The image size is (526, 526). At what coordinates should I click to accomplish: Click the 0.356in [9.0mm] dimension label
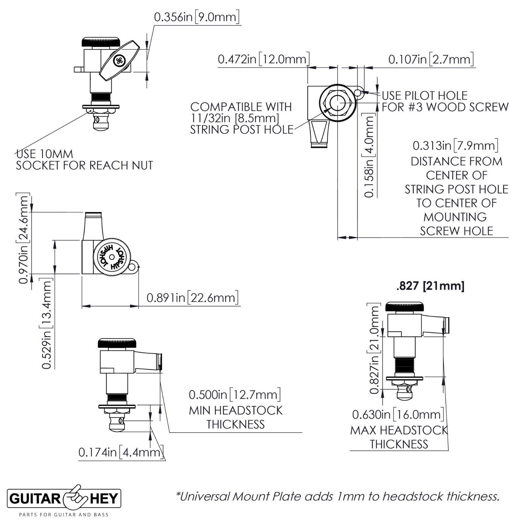pyautogui.click(x=196, y=17)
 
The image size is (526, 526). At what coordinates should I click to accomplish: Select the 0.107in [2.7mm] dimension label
pyautogui.click(x=431, y=60)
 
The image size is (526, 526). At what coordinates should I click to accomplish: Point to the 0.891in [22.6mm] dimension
pyautogui.click(x=192, y=298)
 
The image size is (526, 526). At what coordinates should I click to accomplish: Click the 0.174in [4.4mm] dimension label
pyautogui.click(x=121, y=452)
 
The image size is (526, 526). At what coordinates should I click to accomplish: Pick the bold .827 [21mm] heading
pyautogui.click(x=430, y=286)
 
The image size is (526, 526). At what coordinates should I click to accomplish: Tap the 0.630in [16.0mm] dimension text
pyautogui.click(x=398, y=415)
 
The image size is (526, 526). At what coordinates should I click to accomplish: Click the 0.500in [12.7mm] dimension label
pyautogui.click(x=235, y=394)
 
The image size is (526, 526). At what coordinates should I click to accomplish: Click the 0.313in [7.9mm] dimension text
pyautogui.click(x=455, y=145)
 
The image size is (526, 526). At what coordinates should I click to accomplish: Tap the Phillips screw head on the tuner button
pyautogui.click(x=119, y=61)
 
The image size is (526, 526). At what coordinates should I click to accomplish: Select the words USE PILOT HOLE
pyautogui.click(x=424, y=96)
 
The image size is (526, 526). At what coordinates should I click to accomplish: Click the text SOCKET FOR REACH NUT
pyautogui.click(x=84, y=165)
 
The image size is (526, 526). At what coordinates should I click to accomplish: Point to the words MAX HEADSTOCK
pyautogui.click(x=399, y=430)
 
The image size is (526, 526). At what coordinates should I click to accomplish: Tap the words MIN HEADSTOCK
pyautogui.click(x=235, y=411)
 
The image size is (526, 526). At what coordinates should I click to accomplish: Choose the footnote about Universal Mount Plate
pyautogui.click(x=338, y=496)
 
